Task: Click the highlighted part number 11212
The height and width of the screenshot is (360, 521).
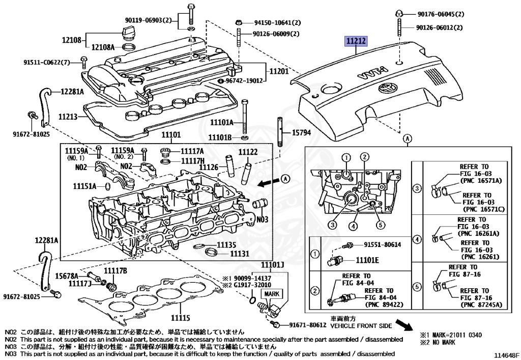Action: (356, 41)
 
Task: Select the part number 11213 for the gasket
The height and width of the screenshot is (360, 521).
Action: (68, 117)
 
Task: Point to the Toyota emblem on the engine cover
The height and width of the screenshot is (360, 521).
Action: (388, 89)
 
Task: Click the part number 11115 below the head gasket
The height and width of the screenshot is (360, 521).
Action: (181, 318)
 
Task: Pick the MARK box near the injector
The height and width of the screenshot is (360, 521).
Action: (272, 294)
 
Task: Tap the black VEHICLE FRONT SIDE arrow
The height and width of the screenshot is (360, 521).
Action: (404, 325)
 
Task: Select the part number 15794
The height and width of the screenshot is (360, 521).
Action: (301, 132)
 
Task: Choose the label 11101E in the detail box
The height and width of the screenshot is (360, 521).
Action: (367, 260)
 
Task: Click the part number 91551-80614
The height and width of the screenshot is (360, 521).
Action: (382, 244)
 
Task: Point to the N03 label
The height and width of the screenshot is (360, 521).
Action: (262, 219)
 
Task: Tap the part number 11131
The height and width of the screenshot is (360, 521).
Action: (240, 254)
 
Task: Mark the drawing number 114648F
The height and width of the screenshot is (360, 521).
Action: (506, 355)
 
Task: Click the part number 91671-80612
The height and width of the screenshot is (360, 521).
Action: (308, 325)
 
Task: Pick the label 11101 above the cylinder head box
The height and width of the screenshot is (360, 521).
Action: (171, 135)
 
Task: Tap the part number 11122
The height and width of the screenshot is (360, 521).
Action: (248, 152)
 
